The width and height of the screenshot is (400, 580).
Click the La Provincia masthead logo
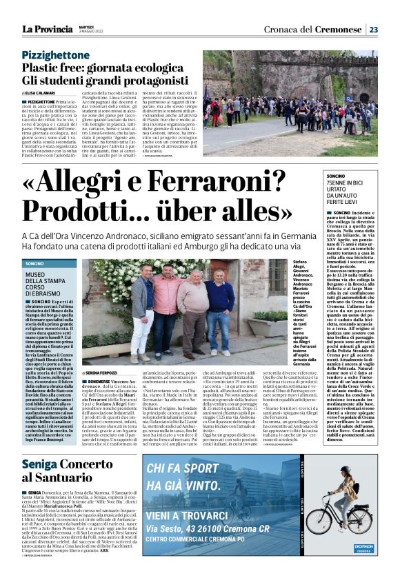(47, 29)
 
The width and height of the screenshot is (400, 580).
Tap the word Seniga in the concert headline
(43, 466)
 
